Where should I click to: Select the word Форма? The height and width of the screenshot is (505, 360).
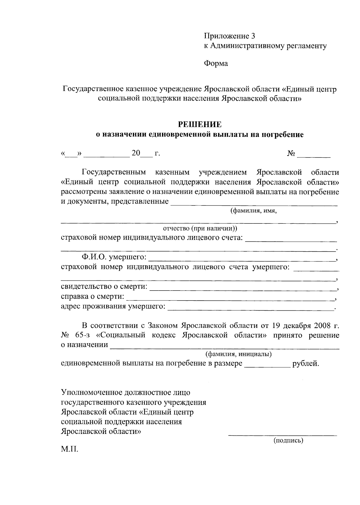pos(216,64)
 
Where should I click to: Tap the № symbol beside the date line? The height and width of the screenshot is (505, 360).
pos(291,154)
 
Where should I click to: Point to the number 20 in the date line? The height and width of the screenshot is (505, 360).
pos(136,153)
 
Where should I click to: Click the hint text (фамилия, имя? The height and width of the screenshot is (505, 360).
pos(253,211)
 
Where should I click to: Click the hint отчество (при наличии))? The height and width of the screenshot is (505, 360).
pos(200,229)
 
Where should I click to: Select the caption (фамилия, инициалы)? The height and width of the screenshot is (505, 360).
pos(238,354)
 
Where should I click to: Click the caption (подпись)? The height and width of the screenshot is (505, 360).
pos(288,441)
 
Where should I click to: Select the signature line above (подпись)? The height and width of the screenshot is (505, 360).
pos(282,435)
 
